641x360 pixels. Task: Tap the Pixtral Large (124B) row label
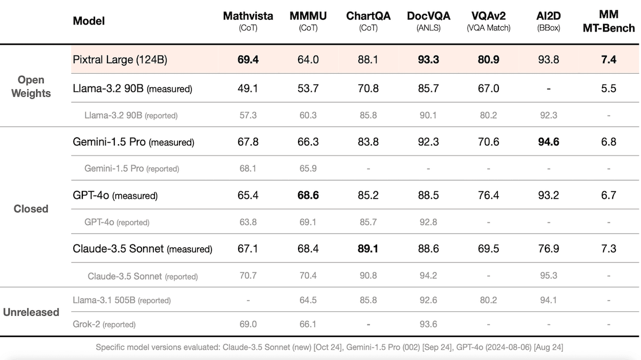pos(120,60)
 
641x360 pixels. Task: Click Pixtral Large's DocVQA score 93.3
pos(428,60)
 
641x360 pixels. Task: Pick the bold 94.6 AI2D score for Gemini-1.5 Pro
pos(549,142)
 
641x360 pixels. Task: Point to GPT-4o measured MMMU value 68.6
pos(308,195)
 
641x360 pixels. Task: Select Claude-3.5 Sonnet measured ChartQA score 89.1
pos(369,249)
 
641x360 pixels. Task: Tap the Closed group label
pos(31,209)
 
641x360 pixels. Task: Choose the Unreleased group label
pos(31,312)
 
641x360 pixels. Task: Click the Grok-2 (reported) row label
pos(104,324)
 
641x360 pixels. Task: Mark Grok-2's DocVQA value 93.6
pos(428,324)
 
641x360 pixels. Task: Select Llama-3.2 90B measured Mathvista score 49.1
pos(248,88)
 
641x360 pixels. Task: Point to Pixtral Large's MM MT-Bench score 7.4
pos(608,60)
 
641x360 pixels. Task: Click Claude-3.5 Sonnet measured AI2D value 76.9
pos(549,249)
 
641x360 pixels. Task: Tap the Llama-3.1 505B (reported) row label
pos(122,300)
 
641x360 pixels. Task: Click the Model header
pos(89,21)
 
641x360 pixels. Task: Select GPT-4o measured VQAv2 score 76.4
pos(488,195)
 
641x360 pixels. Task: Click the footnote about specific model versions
pos(329,347)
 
